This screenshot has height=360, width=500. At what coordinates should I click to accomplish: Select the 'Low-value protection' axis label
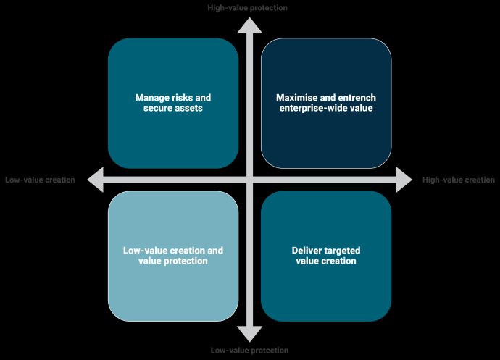[x=249, y=351]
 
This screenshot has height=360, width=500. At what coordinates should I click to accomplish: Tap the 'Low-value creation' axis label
[x=40, y=180]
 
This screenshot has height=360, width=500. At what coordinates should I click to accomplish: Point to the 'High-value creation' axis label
[x=459, y=180]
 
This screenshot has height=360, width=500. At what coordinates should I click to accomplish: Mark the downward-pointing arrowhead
[x=250, y=334]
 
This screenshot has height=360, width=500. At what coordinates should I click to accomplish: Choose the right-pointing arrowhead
[x=404, y=179]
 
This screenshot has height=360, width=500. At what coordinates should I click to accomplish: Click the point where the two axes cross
[x=250, y=179]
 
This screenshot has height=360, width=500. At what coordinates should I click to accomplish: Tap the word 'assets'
[x=186, y=108]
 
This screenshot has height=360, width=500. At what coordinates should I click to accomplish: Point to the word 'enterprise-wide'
[x=309, y=108]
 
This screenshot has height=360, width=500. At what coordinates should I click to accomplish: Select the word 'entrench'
[x=356, y=97]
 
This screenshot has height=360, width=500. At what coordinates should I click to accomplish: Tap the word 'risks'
[x=181, y=97]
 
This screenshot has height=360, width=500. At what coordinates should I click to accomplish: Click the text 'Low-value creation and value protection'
[x=173, y=256]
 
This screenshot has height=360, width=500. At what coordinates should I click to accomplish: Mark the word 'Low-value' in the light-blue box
[x=143, y=251]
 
